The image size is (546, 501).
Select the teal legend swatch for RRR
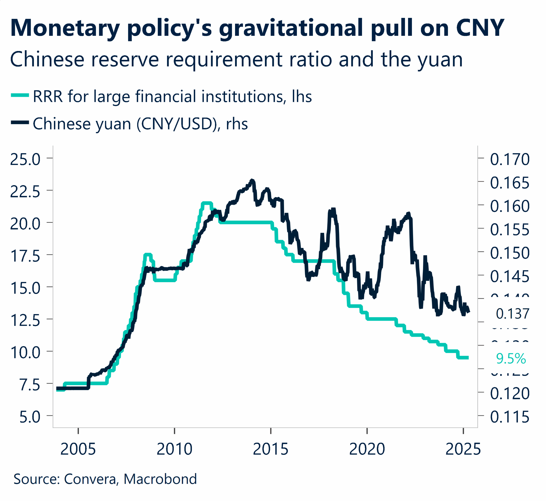click(x=20, y=95)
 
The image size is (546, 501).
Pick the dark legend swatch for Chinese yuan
click(x=20, y=123)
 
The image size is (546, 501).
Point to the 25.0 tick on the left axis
click(x=25, y=159)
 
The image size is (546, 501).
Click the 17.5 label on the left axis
click(x=25, y=256)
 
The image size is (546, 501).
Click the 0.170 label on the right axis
click(x=509, y=159)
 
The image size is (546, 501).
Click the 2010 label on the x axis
click(x=174, y=449)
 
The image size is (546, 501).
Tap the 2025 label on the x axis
click(x=463, y=449)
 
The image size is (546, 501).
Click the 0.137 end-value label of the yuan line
click(x=512, y=314)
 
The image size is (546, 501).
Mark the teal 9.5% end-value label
click(x=511, y=359)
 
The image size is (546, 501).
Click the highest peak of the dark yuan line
click(x=252, y=180)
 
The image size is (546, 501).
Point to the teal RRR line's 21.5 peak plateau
click(x=207, y=203)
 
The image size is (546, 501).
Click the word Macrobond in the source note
click(x=160, y=479)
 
